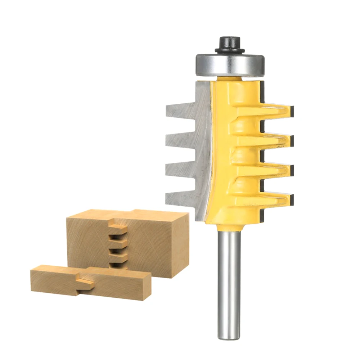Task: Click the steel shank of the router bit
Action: point(229,281)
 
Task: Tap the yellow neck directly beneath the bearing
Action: point(230,78)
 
